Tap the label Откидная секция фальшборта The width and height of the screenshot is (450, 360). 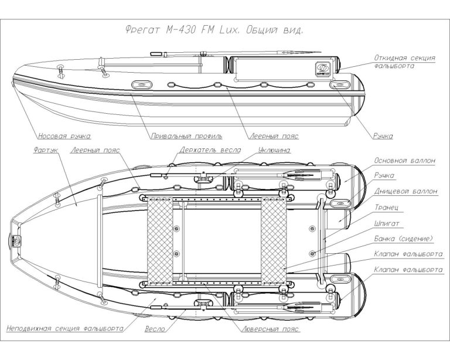pyautogui.click(x=405, y=62)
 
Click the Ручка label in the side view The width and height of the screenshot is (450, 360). pyautogui.click(x=383, y=136)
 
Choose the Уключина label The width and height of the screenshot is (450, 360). pyautogui.click(x=272, y=150)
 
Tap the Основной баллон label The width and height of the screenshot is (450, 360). pyautogui.click(x=404, y=159)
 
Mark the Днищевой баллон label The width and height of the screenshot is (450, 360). pyautogui.click(x=408, y=191)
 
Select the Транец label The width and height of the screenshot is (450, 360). pyautogui.click(x=387, y=207)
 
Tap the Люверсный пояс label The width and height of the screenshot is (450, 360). pyautogui.click(x=267, y=330)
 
